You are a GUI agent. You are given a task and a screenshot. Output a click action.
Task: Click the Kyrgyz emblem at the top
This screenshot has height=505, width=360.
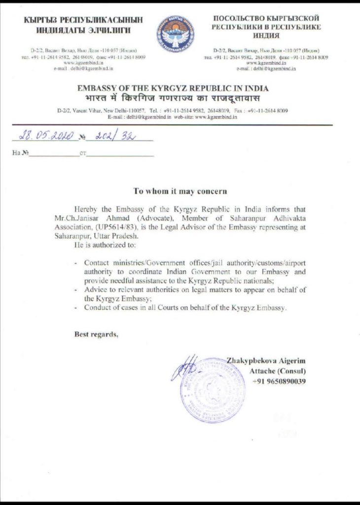click(x=175, y=34)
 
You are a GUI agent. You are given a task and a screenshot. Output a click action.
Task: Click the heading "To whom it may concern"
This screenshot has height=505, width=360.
click(x=180, y=190)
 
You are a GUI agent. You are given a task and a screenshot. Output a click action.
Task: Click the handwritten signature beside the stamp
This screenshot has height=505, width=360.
click(x=185, y=367)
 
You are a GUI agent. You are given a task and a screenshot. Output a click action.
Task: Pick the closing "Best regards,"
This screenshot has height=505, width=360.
click(x=97, y=334)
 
